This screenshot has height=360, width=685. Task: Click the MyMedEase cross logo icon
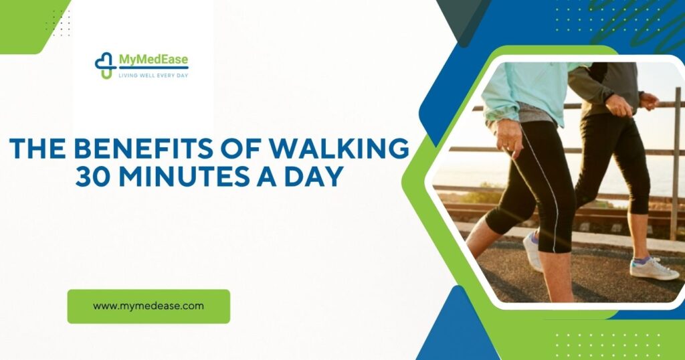point(105,66)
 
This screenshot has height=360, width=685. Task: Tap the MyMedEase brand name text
point(154,60)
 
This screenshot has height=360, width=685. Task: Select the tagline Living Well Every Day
point(153,75)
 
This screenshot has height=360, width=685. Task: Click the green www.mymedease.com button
point(149,306)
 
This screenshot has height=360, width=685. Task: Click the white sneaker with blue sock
point(654,268)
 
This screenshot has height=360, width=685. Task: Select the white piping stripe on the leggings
point(543,189)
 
